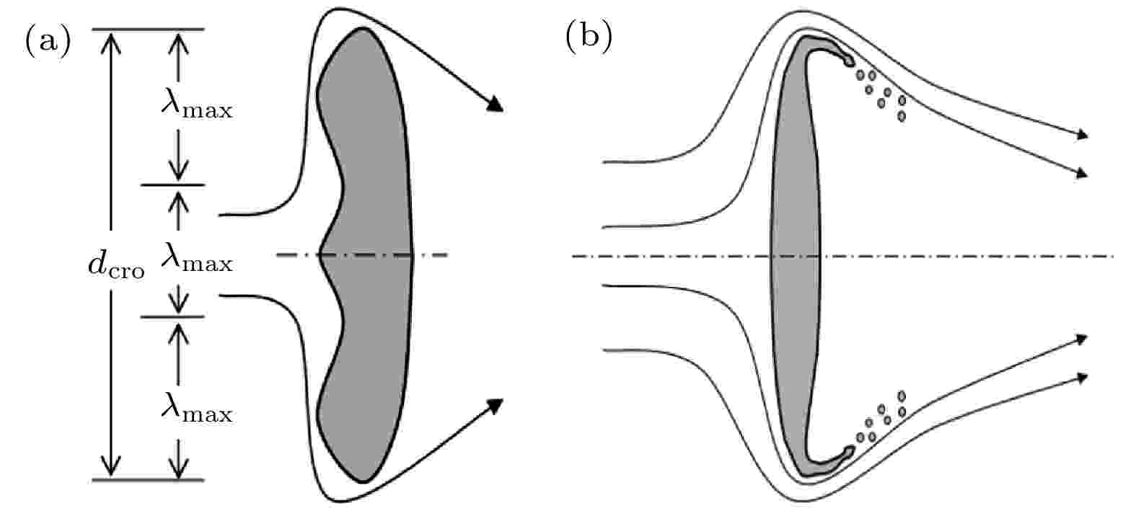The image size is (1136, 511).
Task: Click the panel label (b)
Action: [589, 37]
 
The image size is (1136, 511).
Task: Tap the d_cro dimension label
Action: [116, 264]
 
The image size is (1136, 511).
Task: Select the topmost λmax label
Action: [197, 103]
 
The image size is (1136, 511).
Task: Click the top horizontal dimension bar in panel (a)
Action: [148, 30]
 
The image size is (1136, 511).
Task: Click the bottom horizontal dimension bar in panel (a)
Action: [148, 479]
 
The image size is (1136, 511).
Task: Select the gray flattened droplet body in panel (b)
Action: [795, 256]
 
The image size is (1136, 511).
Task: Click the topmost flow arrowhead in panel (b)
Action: [1082, 134]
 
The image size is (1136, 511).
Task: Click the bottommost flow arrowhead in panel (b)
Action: [1082, 378]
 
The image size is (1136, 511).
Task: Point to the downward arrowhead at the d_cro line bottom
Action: [111, 466]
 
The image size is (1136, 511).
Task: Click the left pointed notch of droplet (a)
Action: [320, 254]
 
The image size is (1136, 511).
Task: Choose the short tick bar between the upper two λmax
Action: [173, 185]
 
